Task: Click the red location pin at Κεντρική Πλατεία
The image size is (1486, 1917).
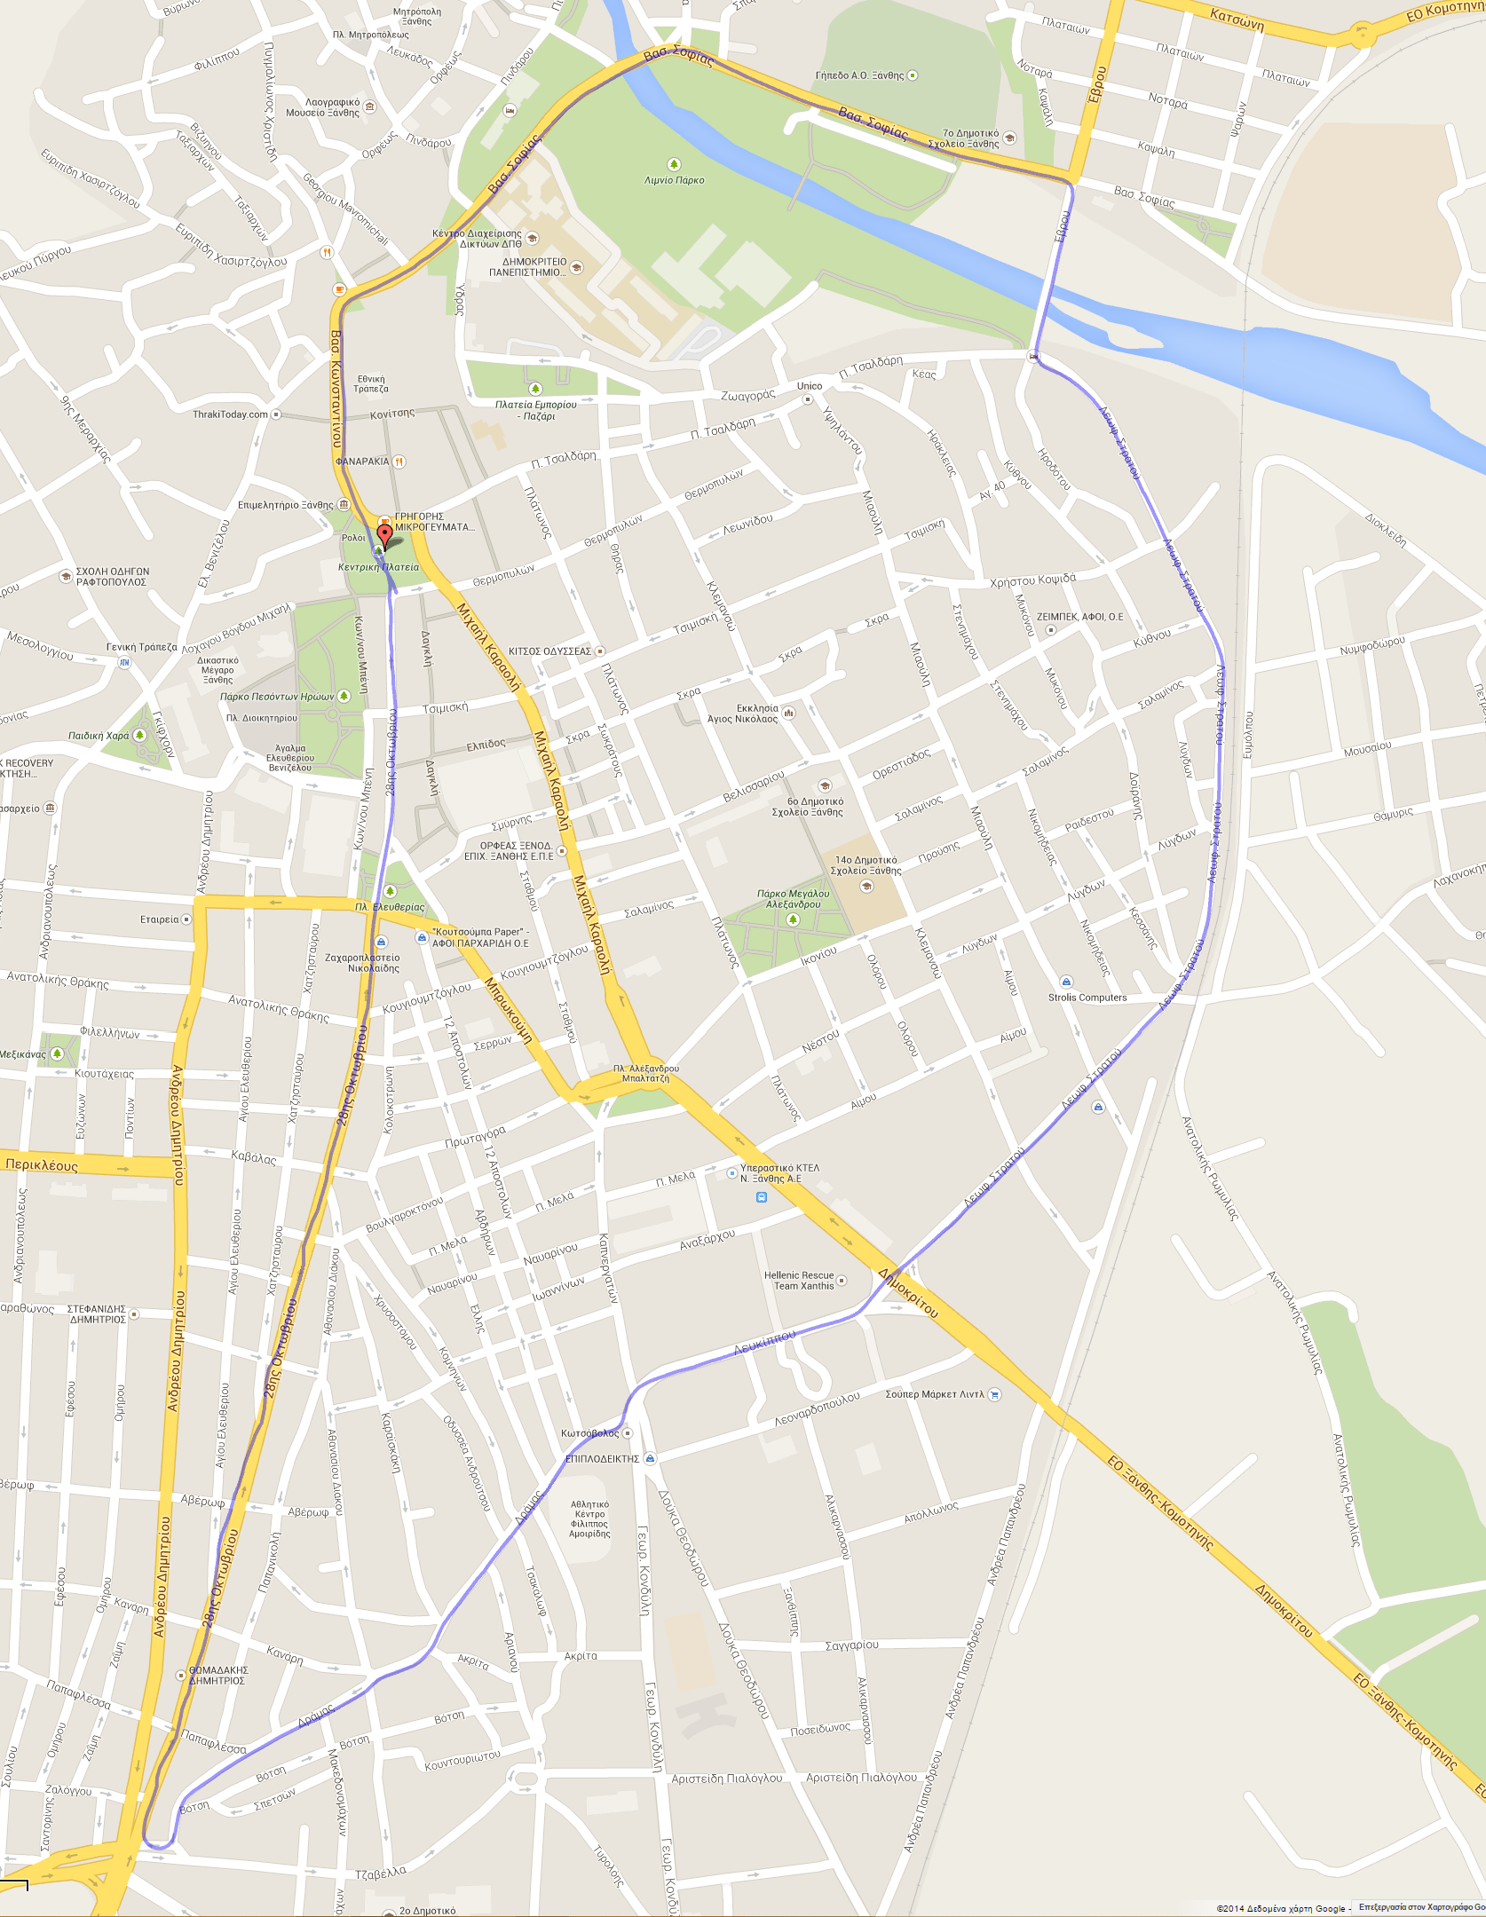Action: (x=384, y=536)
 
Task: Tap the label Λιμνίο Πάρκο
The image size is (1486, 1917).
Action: (x=674, y=180)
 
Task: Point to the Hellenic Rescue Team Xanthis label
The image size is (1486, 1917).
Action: (x=799, y=1281)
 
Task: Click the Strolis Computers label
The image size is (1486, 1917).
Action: (x=1087, y=998)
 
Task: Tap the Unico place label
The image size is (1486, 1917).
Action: (x=809, y=386)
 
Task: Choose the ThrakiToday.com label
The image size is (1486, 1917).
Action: (x=231, y=414)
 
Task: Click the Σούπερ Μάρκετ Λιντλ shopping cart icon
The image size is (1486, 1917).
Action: (x=994, y=1394)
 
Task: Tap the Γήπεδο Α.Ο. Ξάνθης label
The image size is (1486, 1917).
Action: (x=859, y=76)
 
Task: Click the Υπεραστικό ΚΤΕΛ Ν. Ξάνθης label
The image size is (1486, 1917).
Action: (x=779, y=1173)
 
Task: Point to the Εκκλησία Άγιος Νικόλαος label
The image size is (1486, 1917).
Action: (x=742, y=714)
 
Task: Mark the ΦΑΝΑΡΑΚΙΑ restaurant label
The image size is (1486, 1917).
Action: (x=363, y=461)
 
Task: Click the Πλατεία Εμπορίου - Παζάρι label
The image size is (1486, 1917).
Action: (x=535, y=410)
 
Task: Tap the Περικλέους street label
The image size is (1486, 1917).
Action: (x=42, y=1164)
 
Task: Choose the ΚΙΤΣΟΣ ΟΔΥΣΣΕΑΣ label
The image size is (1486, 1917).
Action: (x=549, y=651)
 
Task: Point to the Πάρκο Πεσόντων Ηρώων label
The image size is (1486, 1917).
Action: (x=277, y=697)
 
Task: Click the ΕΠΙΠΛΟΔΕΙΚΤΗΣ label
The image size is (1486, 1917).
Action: (x=603, y=1459)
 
